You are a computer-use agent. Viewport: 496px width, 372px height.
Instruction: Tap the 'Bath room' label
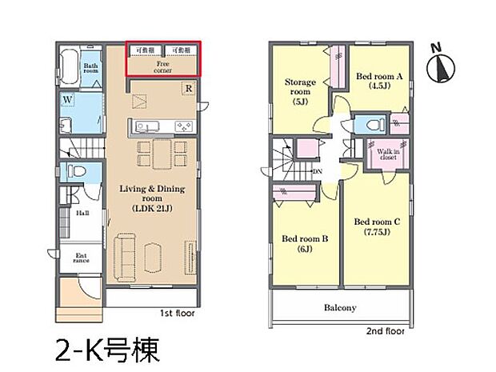click(x=91, y=68)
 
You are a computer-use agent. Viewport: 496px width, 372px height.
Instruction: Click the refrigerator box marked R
click(x=186, y=87)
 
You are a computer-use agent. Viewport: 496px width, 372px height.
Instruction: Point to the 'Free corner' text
click(x=162, y=66)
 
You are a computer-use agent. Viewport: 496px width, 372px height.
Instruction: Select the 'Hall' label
click(x=82, y=214)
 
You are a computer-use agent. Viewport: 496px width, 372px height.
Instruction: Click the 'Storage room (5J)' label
click(x=302, y=91)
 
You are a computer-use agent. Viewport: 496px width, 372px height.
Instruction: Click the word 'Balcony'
click(x=340, y=307)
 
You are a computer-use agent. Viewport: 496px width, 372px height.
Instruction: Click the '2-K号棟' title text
click(x=107, y=350)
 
